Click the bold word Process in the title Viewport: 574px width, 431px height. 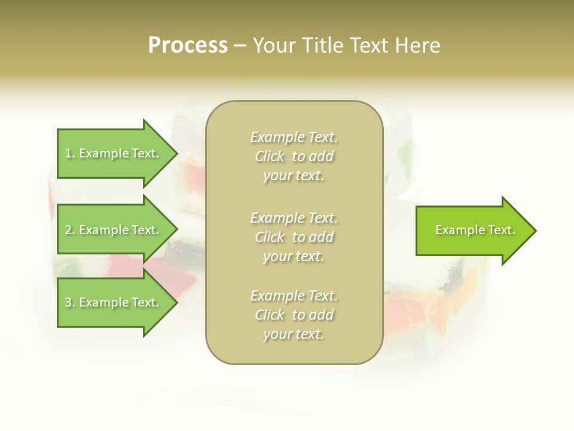click(188, 45)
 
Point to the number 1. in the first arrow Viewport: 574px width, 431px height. click(70, 153)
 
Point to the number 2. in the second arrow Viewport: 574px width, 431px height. click(70, 230)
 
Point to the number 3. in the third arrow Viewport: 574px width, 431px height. click(70, 302)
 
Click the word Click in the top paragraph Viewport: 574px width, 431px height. click(270, 156)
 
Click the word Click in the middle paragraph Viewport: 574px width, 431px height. click(270, 237)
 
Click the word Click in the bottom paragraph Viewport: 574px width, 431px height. click(270, 315)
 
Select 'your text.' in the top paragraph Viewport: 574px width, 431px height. click(294, 176)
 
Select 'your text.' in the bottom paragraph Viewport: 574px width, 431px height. click(294, 335)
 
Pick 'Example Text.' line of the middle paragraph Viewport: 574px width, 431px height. click(294, 217)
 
